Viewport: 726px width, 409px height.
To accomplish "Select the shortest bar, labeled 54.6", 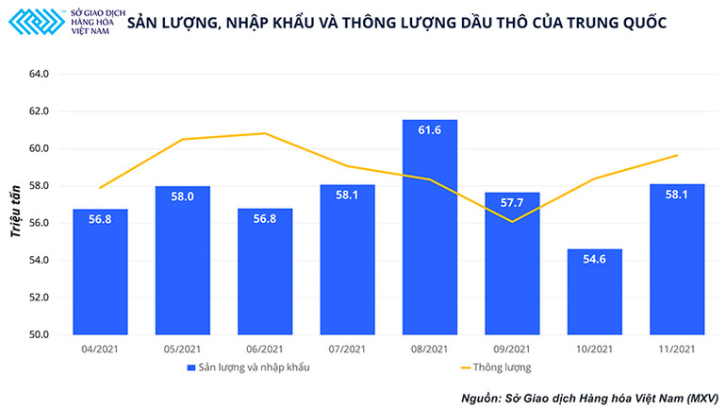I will click(x=594, y=292).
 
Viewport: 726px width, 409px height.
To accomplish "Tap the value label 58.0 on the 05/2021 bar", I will click(x=183, y=196).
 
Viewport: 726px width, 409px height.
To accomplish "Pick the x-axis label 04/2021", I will click(x=100, y=349).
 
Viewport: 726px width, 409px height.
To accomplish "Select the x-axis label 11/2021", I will click(x=676, y=349).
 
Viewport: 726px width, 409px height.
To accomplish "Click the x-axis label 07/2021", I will click(x=347, y=349).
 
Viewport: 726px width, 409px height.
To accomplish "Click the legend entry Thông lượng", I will click(x=498, y=367).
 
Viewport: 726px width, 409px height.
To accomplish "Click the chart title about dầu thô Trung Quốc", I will click(x=396, y=21).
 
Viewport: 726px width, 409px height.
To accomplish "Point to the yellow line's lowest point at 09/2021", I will click(x=512, y=221).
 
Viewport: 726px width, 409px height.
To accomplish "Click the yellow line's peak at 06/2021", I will click(x=265, y=133).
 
